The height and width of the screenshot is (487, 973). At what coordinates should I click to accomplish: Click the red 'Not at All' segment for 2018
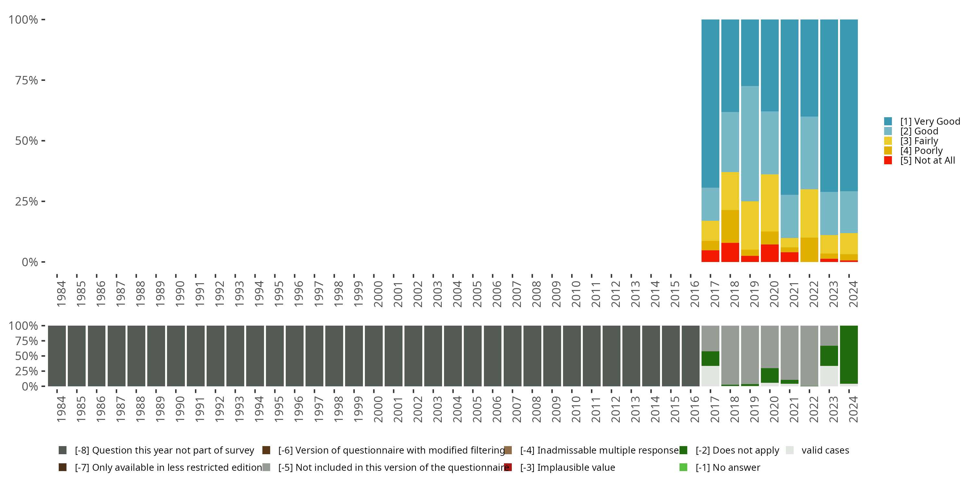730,252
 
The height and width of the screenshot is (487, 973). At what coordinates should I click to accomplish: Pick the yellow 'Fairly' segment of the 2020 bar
769,203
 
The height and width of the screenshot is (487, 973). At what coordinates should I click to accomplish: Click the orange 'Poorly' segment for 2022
809,250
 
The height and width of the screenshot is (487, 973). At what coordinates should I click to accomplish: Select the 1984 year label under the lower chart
61,409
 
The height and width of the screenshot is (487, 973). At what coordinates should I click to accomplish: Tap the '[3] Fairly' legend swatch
888,141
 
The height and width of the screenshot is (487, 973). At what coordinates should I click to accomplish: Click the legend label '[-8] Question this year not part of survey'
164,450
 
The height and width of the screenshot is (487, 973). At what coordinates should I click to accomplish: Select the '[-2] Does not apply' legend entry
737,450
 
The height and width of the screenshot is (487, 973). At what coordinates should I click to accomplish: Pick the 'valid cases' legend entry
825,450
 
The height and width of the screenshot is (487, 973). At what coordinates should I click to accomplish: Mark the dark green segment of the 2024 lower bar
849,354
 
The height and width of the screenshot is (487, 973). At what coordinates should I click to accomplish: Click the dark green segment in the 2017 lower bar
710,358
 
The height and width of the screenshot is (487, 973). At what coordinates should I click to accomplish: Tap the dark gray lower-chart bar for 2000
374,356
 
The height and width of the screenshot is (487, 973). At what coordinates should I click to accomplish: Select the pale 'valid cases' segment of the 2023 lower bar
829,376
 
